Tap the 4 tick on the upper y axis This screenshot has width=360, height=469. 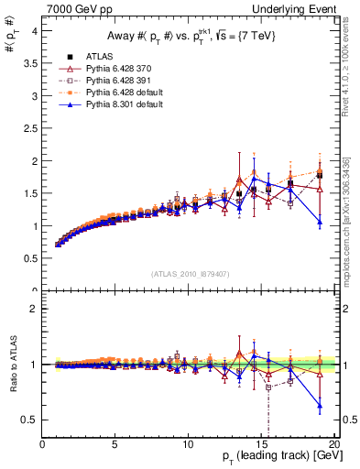coord(34,30)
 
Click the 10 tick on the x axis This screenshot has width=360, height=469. coord(187,446)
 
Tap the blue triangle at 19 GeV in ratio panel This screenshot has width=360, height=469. coord(320,405)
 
